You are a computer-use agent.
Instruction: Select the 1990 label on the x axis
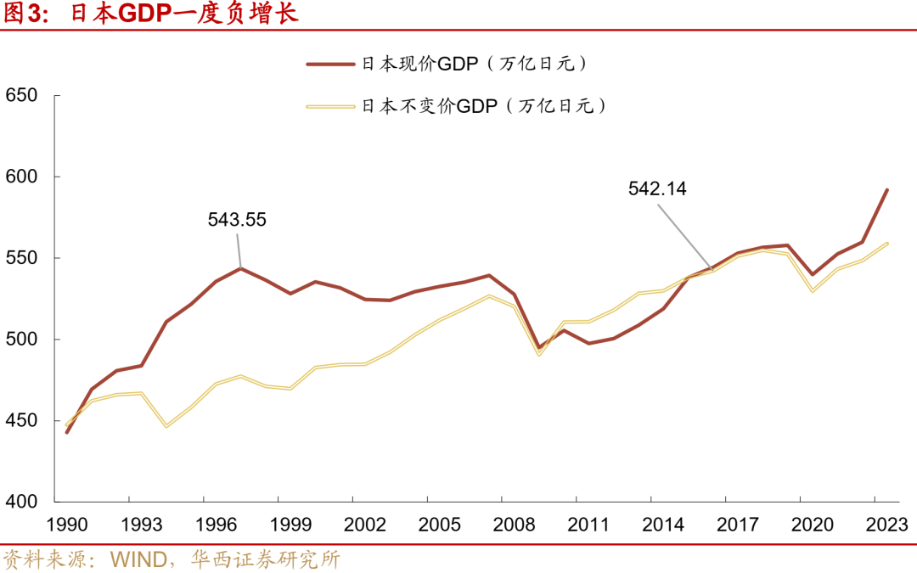coord(67,525)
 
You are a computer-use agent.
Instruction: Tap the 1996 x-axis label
coord(216,525)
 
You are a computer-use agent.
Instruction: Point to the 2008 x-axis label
coord(515,525)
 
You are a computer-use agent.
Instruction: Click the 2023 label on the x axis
coord(886,525)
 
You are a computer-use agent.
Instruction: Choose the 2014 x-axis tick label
coord(663,525)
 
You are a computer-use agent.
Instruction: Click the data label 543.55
coord(237,220)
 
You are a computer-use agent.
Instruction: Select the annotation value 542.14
coord(657,189)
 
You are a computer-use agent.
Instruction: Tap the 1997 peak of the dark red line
coord(241,268)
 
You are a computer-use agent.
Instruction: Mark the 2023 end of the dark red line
coord(887,190)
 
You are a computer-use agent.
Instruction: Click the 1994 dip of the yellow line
coord(166,426)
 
